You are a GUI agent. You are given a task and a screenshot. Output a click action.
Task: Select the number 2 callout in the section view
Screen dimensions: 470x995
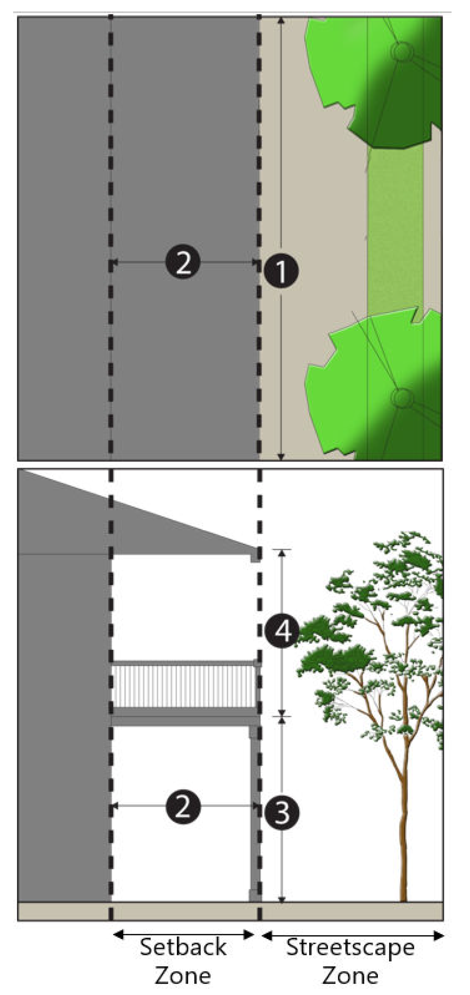[x=183, y=806]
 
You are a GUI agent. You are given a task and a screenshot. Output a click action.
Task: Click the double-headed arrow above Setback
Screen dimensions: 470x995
[x=184, y=923]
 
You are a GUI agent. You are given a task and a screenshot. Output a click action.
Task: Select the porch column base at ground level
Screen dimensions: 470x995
[x=255, y=896]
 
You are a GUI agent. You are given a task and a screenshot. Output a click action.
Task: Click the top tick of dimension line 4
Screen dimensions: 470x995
[x=282, y=550]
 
